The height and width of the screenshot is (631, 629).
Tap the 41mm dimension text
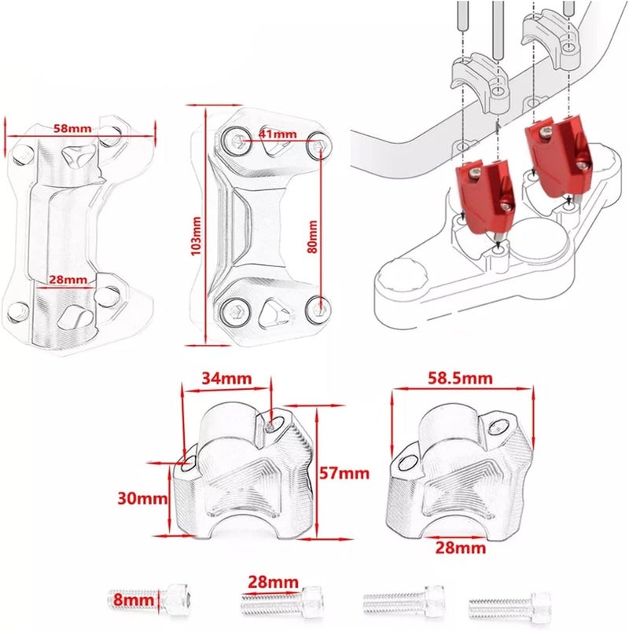pyautogui.click(x=278, y=134)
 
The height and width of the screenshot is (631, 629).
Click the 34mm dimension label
pyautogui.click(x=226, y=379)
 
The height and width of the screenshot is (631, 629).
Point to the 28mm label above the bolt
pyautogui.click(x=267, y=582)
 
